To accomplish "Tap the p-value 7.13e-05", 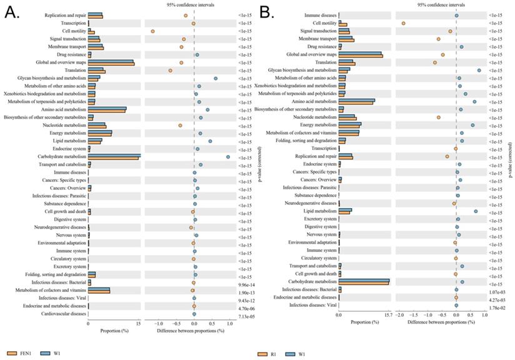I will pos(246,317).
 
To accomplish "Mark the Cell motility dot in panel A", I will pos(152,31).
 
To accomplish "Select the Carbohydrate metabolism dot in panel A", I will pos(228,157).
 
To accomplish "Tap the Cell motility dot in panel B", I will pos(403,23).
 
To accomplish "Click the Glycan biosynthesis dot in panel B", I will pos(479,70).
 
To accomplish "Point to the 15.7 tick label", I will pos(388,315).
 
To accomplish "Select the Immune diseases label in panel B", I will pos(320,15).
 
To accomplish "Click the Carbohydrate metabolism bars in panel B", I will pos(363,282).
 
